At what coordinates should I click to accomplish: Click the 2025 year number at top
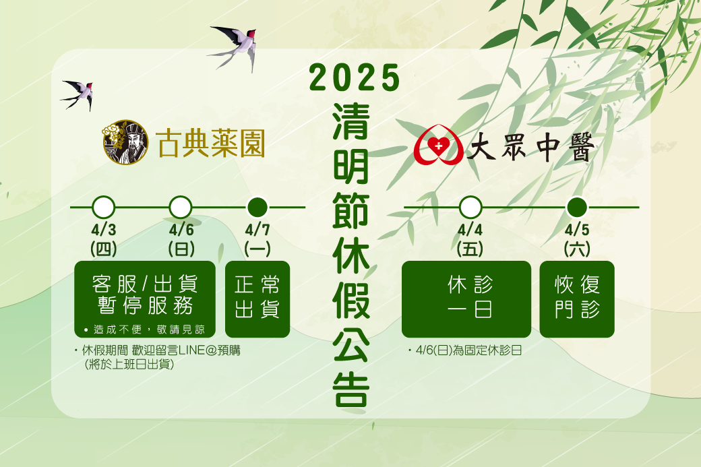click(354, 77)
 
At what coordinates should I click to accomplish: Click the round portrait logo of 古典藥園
click(125, 142)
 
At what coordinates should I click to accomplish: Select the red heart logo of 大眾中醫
click(438, 144)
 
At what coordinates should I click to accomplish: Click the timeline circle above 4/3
click(103, 208)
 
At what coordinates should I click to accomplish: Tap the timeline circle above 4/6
click(181, 208)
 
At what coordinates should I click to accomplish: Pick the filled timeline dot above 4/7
click(257, 208)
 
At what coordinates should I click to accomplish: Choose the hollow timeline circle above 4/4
click(470, 208)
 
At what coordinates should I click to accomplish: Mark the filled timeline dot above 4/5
click(577, 208)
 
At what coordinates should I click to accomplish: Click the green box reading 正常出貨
click(257, 299)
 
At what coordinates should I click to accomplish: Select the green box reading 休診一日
click(466, 299)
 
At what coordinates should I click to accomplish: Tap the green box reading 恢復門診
click(577, 299)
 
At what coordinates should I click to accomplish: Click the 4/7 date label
click(257, 230)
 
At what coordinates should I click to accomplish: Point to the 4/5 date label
click(577, 230)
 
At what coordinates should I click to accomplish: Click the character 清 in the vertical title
click(351, 121)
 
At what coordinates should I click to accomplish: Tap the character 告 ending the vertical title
click(351, 389)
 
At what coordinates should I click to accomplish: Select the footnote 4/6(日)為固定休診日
click(468, 350)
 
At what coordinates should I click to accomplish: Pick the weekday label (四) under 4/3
click(104, 249)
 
